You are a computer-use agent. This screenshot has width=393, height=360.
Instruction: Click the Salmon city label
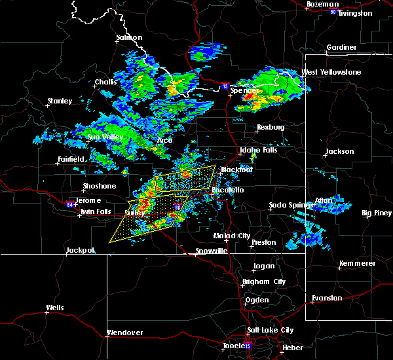point(129,37)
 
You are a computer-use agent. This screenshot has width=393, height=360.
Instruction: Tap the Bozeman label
point(321,5)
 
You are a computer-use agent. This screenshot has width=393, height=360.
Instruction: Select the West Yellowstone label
point(331,72)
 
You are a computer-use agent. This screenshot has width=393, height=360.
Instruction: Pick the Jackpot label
point(81,250)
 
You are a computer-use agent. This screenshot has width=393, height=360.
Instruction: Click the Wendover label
point(124,333)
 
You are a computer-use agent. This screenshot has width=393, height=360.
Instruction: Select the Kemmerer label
point(357,263)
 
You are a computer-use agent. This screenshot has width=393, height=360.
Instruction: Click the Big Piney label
point(377,213)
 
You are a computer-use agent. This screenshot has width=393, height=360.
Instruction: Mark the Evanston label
point(327,298)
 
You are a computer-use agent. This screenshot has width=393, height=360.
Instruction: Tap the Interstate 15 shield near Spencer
point(225,86)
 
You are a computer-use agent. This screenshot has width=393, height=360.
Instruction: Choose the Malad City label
point(231,236)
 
